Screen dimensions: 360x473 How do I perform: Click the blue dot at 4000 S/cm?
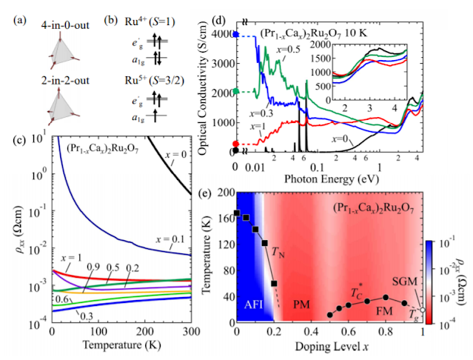pyautogui.click(x=235, y=33)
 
